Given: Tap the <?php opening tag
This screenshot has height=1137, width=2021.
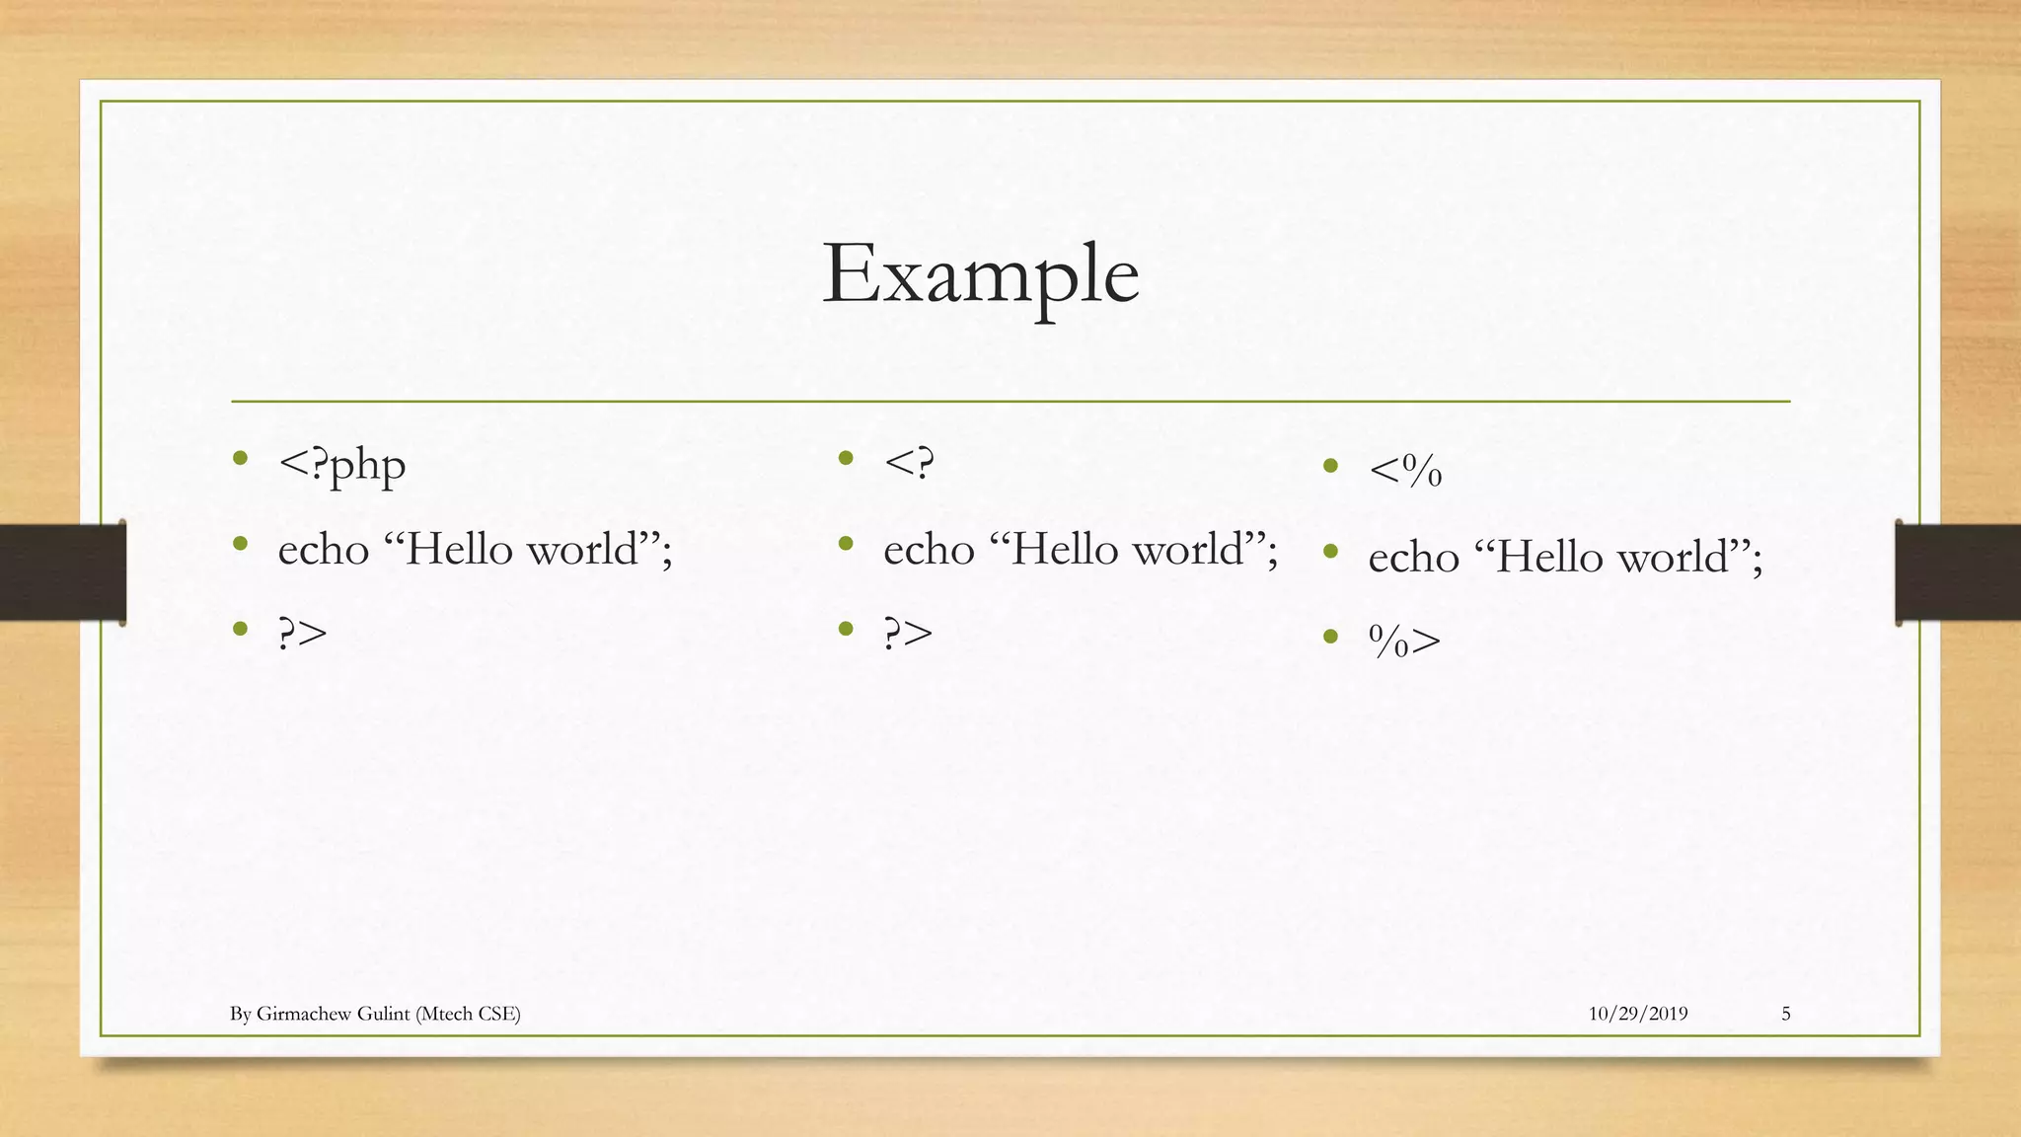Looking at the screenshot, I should [x=341, y=464].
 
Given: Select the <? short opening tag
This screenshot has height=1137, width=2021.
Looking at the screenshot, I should [x=908, y=463].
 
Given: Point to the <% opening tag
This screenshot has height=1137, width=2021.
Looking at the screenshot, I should [x=1404, y=471].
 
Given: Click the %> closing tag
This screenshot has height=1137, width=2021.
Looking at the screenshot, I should [x=1404, y=642].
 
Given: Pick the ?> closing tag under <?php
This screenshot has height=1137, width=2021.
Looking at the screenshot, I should [x=302, y=633].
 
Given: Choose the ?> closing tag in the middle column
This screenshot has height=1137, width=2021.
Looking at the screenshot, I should [x=908, y=633].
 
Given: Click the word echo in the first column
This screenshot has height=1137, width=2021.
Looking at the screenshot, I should [x=323, y=550].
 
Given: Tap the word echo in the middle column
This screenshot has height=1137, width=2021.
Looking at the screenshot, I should [x=929, y=550].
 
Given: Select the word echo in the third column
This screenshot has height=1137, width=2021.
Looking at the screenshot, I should [x=1413, y=558].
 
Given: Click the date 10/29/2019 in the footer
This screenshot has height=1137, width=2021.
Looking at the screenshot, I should [x=1637, y=1014].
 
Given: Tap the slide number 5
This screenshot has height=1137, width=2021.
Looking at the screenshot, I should [x=1785, y=1014].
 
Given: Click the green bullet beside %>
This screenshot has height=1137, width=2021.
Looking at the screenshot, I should [x=1330, y=637].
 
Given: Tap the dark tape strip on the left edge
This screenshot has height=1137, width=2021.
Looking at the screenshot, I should [x=62, y=572].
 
